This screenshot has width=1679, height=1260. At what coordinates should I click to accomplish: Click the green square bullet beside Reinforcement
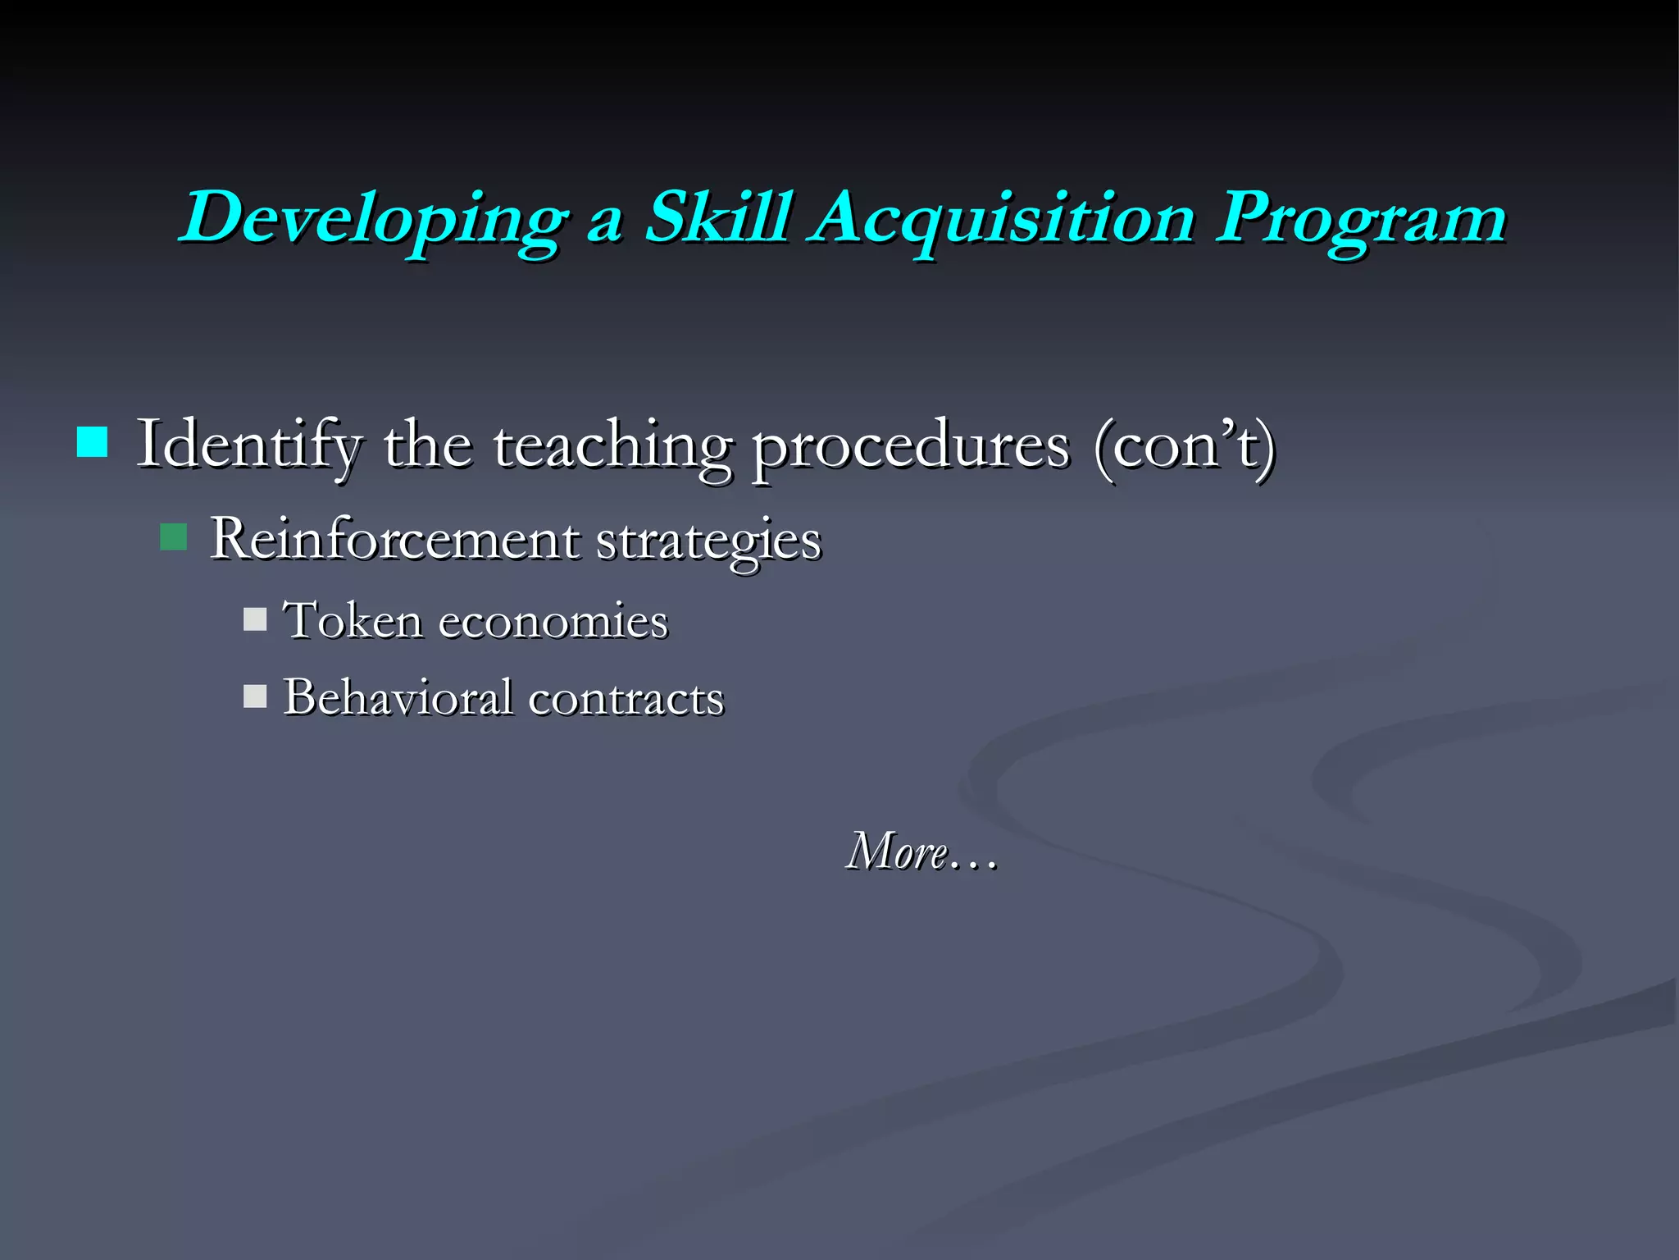pyautogui.click(x=174, y=537)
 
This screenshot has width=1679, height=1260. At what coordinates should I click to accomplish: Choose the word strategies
pyautogui.click(x=708, y=541)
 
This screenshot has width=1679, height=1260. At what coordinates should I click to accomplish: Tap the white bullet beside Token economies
pyautogui.click(x=255, y=619)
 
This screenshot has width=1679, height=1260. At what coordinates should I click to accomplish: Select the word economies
pyautogui.click(x=553, y=621)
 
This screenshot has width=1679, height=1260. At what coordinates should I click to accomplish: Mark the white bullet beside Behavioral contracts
pyautogui.click(x=255, y=696)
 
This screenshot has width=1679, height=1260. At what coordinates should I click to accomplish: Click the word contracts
pyautogui.click(x=626, y=699)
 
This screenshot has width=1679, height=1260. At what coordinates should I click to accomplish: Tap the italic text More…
pyautogui.click(x=921, y=851)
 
